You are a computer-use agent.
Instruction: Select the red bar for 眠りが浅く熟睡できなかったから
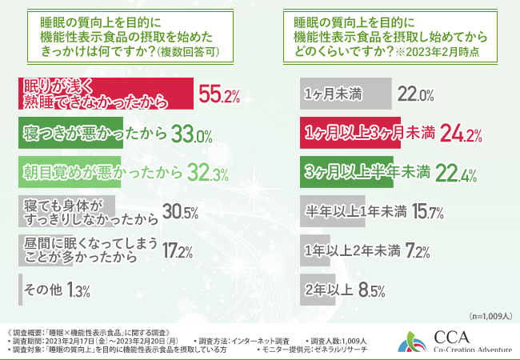coord(104,94)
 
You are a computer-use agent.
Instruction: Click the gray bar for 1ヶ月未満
coord(344,94)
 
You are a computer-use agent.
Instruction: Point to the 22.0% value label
coord(416,94)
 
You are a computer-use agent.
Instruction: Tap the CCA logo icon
coord(415,340)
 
